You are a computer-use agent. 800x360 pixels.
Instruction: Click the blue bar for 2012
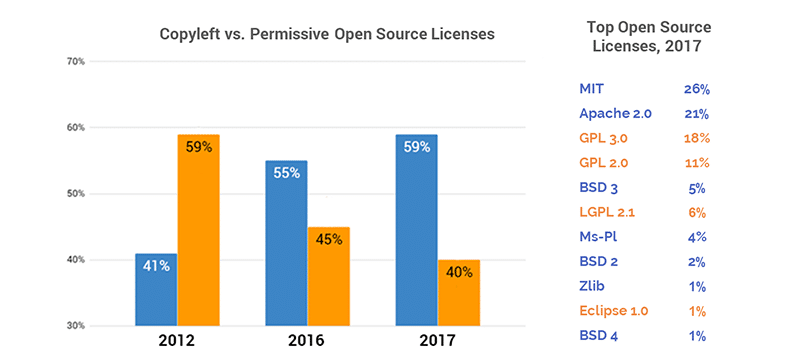[x=155, y=290]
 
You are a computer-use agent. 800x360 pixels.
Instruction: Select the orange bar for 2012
[x=198, y=230]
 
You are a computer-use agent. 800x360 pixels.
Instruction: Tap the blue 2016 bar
[x=286, y=243]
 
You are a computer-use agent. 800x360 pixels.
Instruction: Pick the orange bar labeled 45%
[x=329, y=276]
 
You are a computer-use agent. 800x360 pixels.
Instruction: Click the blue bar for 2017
[x=416, y=230]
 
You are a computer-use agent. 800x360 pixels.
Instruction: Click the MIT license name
[x=591, y=89]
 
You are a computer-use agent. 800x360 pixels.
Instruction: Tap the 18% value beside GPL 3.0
[x=697, y=138]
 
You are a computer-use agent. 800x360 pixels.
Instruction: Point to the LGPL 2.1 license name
[x=607, y=212]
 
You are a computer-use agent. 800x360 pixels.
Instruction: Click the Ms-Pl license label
[x=598, y=237]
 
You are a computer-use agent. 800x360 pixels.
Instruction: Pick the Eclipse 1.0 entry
[x=613, y=311]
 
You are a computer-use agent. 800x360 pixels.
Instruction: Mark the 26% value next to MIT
[x=697, y=89]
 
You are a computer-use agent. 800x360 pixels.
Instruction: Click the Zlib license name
[x=592, y=286]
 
